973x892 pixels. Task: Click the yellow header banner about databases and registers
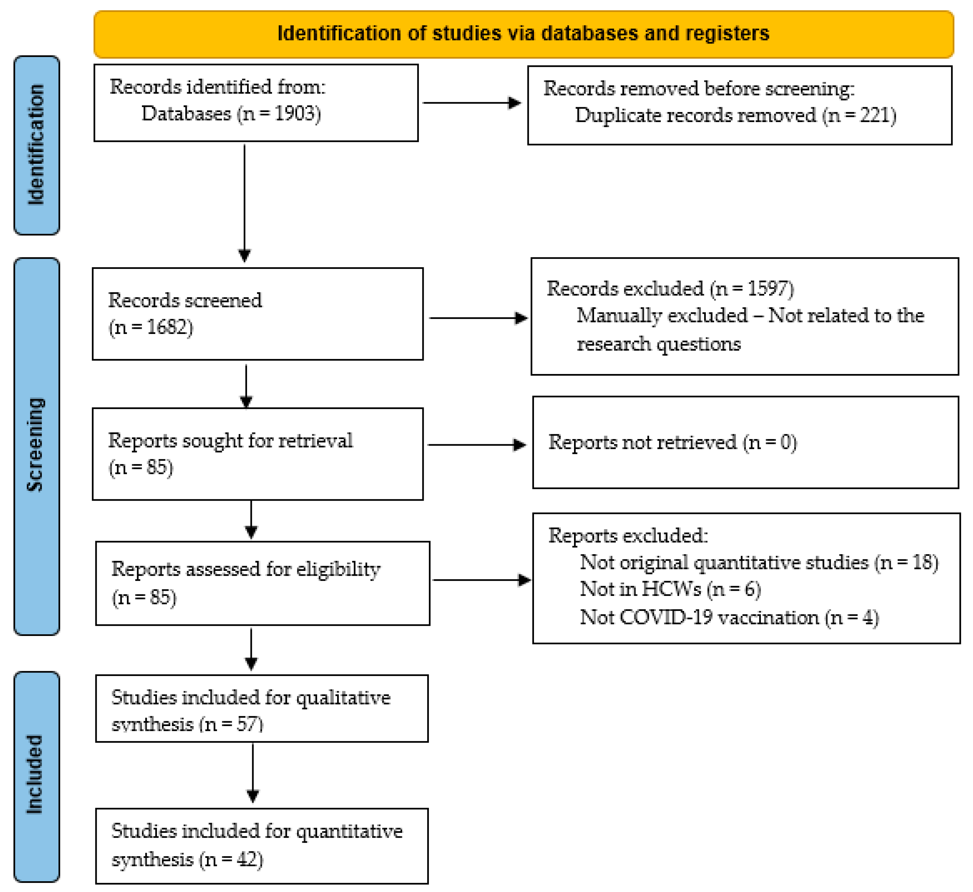point(523,34)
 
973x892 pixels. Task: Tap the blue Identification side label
point(37,145)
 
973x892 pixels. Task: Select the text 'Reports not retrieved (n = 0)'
point(672,442)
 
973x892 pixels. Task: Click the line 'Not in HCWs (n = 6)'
point(670,589)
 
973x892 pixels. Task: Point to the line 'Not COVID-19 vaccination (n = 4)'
point(729,618)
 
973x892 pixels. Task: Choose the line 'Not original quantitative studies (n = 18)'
point(759,562)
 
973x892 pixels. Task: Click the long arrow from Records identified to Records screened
point(244,203)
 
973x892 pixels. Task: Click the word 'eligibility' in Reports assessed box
point(338,570)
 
